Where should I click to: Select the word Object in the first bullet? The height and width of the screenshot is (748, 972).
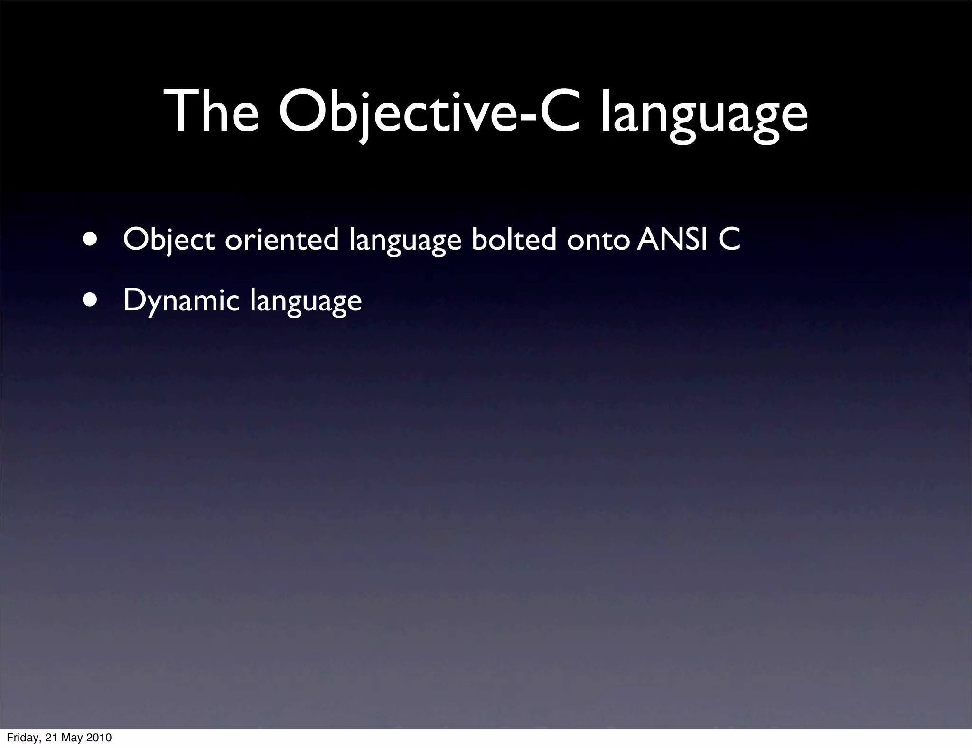168,240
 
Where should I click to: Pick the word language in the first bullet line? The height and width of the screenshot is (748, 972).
405,241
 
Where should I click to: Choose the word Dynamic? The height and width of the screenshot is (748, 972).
181,301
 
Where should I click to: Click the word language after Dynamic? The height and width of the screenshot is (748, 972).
306,302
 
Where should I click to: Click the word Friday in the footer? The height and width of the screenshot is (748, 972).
22,738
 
